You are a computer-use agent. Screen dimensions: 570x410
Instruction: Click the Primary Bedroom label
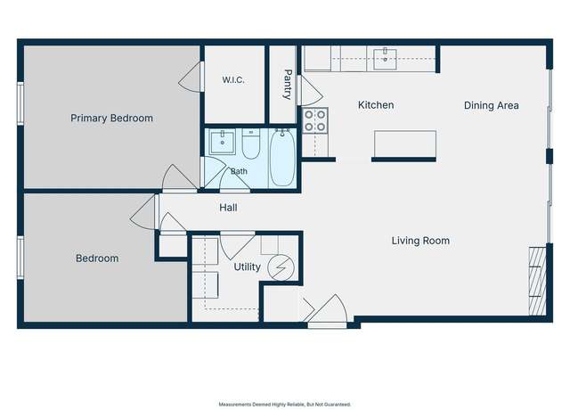[111, 119]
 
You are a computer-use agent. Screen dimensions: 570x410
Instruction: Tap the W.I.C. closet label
[233, 79]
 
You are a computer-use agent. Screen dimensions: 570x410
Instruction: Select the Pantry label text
[287, 85]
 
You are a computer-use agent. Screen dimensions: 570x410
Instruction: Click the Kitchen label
[376, 105]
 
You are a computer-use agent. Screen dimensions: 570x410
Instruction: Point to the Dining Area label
[492, 105]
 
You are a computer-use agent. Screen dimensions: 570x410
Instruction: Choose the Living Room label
[420, 241]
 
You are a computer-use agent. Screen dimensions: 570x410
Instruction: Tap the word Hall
[228, 208]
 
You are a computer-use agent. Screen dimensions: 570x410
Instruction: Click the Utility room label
[248, 267]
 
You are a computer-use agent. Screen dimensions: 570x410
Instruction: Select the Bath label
[239, 171]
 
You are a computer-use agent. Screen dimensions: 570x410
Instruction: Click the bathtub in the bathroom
[282, 159]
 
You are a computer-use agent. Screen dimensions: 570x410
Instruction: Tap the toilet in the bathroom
[251, 143]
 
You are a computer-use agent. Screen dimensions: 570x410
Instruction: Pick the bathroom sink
[222, 141]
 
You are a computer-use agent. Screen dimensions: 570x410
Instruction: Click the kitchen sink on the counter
[385, 59]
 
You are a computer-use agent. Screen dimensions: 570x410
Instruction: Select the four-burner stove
[314, 121]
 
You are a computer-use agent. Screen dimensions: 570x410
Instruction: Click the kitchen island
[405, 144]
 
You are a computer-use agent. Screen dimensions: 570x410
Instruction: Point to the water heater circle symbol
[281, 267]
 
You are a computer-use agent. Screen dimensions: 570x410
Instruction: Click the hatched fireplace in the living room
[537, 282]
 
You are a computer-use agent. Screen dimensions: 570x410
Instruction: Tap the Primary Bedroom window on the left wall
[20, 103]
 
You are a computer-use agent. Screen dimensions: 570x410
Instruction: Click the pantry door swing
[311, 91]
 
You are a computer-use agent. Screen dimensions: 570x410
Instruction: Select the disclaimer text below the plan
[285, 404]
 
